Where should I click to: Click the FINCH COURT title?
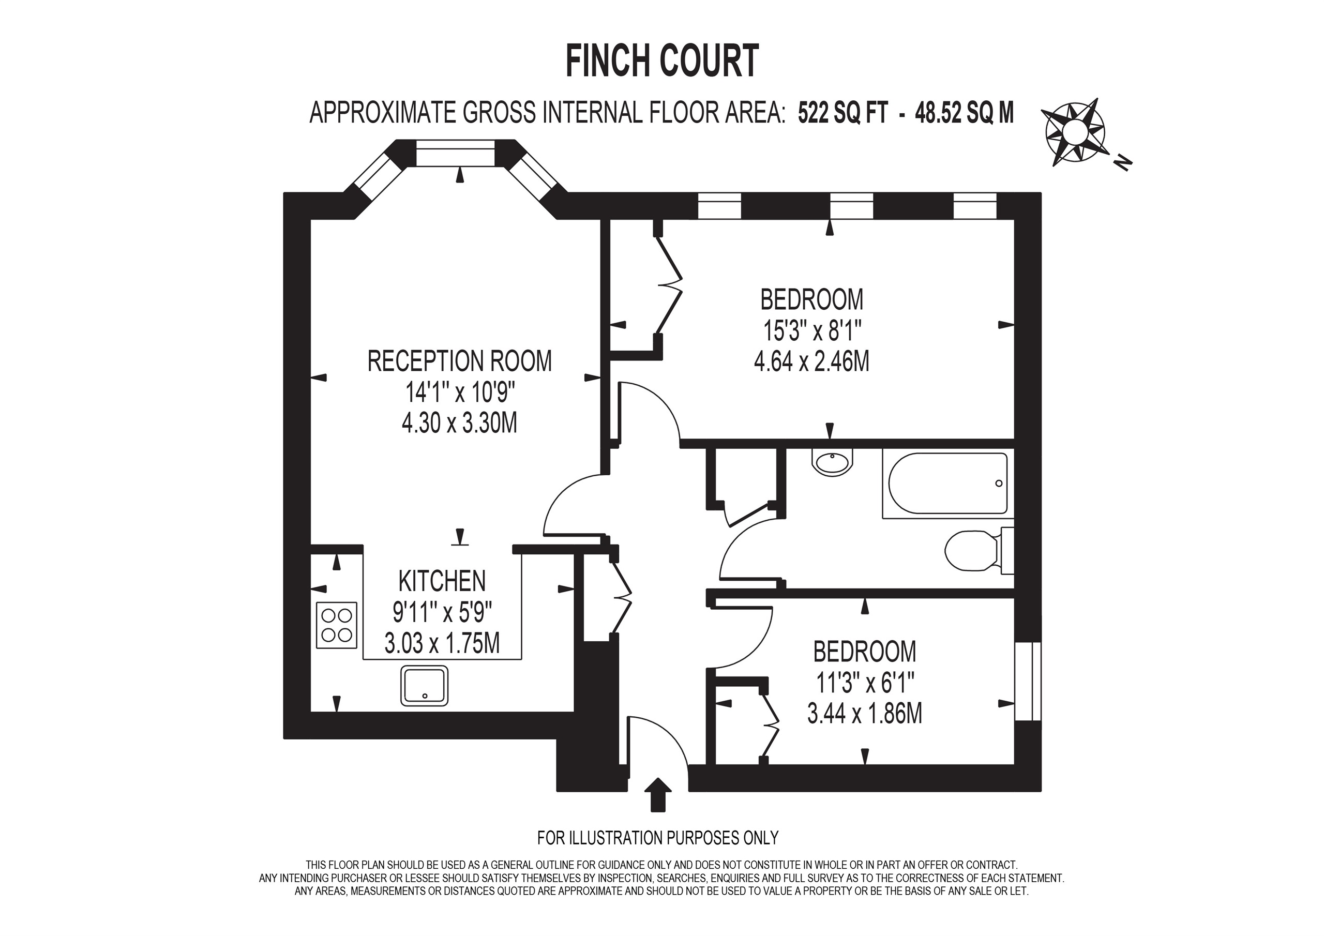point(661,62)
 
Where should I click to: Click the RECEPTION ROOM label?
point(460,361)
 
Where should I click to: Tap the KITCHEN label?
point(442,581)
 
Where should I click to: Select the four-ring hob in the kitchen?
point(337,625)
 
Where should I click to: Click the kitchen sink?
point(425,686)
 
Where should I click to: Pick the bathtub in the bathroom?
point(947,484)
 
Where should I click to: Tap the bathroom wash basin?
point(832,461)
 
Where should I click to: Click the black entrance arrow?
point(657,794)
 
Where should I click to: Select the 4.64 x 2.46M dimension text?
point(811,362)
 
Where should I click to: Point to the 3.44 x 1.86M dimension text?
point(864,714)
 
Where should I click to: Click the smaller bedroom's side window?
point(1028,681)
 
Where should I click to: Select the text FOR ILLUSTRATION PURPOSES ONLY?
point(657,837)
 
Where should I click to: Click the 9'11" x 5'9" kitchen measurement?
point(442,612)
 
